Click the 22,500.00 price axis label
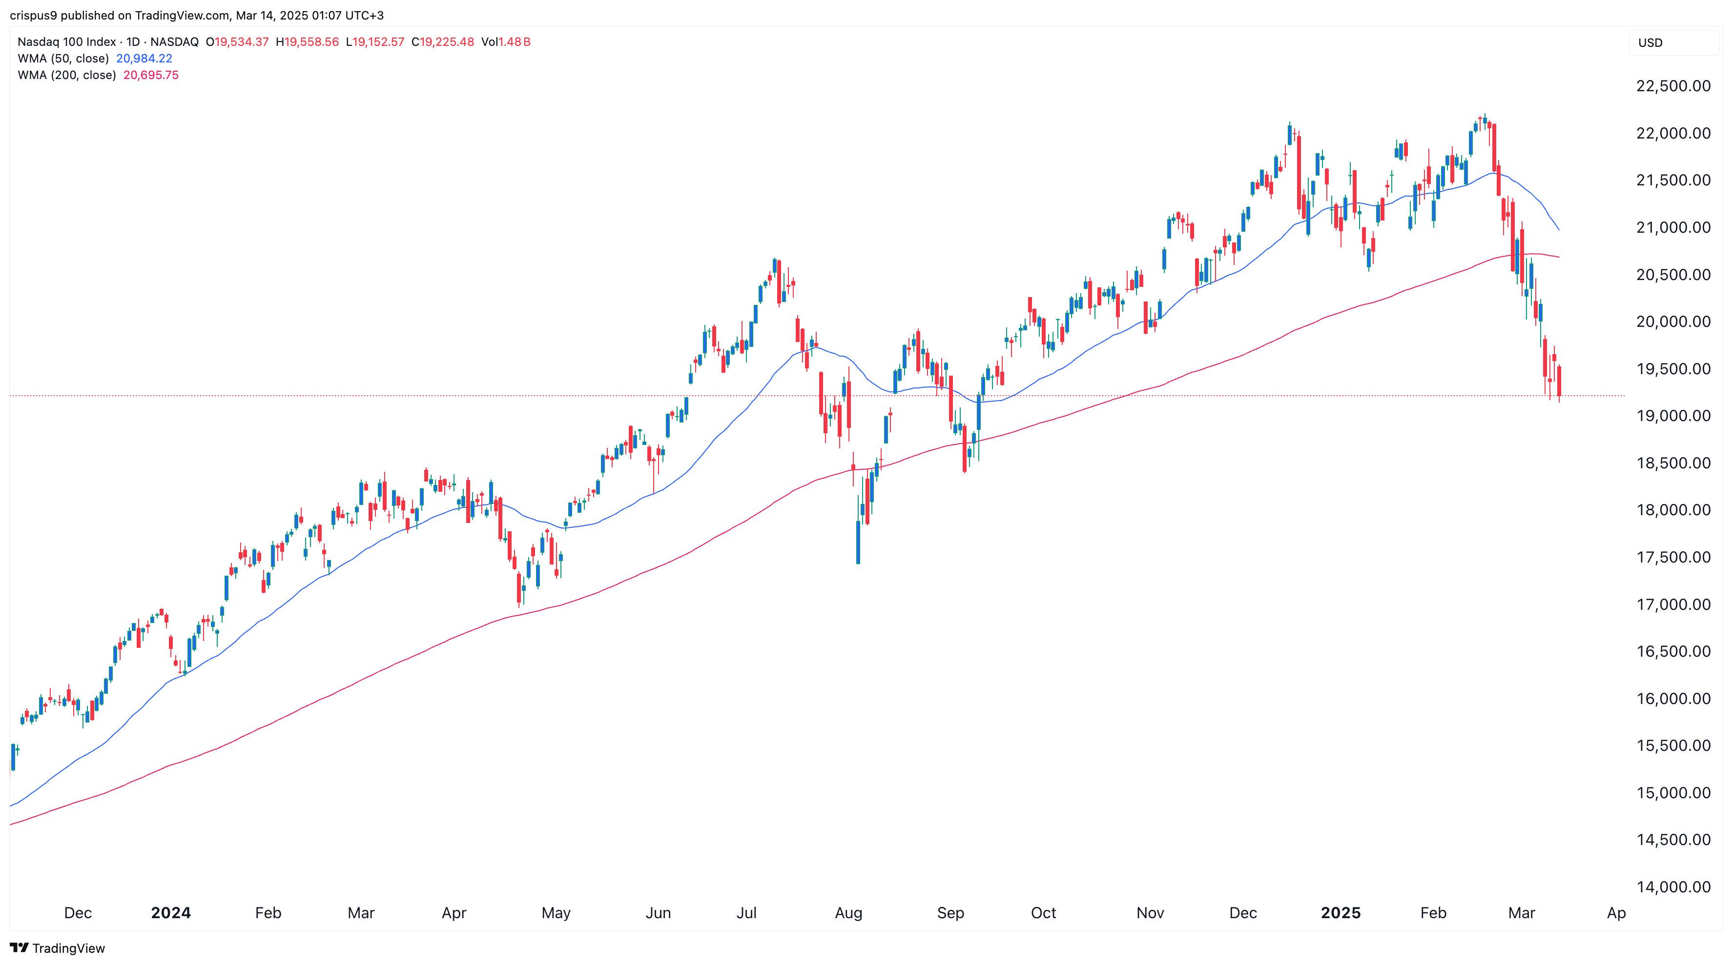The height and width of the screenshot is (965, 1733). tap(1672, 86)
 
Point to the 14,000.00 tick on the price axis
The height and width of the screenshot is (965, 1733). tap(1672, 887)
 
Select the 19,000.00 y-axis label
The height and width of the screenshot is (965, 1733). tap(1672, 416)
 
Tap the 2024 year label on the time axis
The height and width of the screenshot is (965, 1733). tap(171, 912)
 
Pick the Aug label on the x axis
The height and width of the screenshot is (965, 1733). tap(848, 912)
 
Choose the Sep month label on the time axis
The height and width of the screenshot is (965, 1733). tap(950, 912)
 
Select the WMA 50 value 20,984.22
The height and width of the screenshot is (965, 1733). tap(144, 59)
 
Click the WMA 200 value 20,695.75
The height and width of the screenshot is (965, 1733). tap(151, 75)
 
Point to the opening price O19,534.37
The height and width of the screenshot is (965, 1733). tap(237, 41)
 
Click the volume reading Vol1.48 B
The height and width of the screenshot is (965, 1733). tap(506, 41)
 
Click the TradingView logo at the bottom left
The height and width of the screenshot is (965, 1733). tap(58, 948)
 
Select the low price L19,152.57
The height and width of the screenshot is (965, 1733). tap(375, 41)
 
